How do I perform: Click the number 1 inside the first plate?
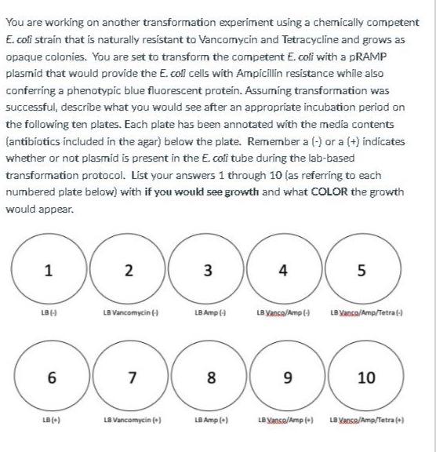pos(48,272)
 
